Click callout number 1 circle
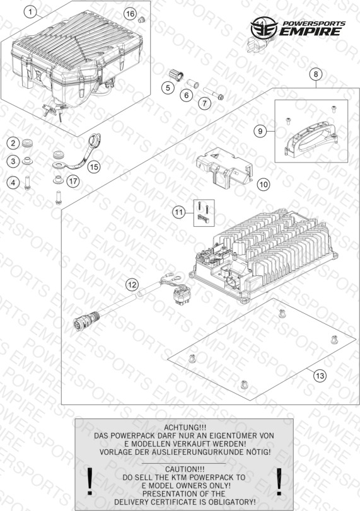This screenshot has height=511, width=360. pyautogui.click(x=30, y=13)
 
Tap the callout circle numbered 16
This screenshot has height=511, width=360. pyautogui.click(x=130, y=14)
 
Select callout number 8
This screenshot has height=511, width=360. pyautogui.click(x=316, y=74)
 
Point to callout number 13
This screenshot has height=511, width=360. pyautogui.click(x=320, y=376)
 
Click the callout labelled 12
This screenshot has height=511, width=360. pyautogui.click(x=132, y=285)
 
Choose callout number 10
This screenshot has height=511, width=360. pyautogui.click(x=264, y=185)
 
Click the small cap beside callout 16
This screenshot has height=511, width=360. pyautogui.click(x=141, y=20)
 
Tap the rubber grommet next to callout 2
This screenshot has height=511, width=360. pyautogui.click(x=27, y=144)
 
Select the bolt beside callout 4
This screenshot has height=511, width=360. pyautogui.click(x=27, y=183)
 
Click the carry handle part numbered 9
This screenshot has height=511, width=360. pyautogui.click(x=311, y=139)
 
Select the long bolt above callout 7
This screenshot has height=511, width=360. pyautogui.click(x=214, y=93)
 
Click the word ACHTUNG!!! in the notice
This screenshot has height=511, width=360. pyautogui.click(x=185, y=427)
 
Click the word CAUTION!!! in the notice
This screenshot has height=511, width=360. pyautogui.click(x=185, y=469)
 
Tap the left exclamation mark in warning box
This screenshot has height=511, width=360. pyautogui.click(x=90, y=481)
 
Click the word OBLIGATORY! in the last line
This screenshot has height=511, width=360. pyautogui.click(x=232, y=502)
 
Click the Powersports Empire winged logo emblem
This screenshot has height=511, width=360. pyautogui.click(x=264, y=28)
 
